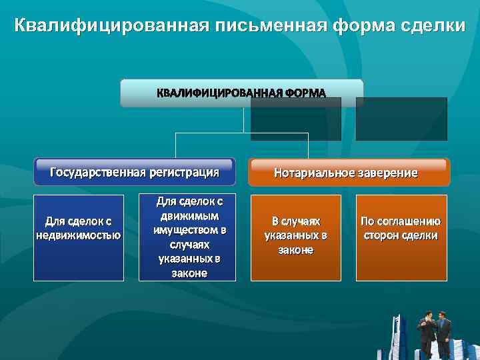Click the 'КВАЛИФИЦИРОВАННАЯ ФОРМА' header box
[241, 93]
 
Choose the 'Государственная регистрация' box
[134, 172]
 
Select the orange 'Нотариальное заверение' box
[349, 173]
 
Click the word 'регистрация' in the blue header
[185, 172]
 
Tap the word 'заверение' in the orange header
[385, 173]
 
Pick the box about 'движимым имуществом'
[189, 237]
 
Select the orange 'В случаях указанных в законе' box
[295, 237]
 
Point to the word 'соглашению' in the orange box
[401, 221]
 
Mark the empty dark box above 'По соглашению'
[401, 119]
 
